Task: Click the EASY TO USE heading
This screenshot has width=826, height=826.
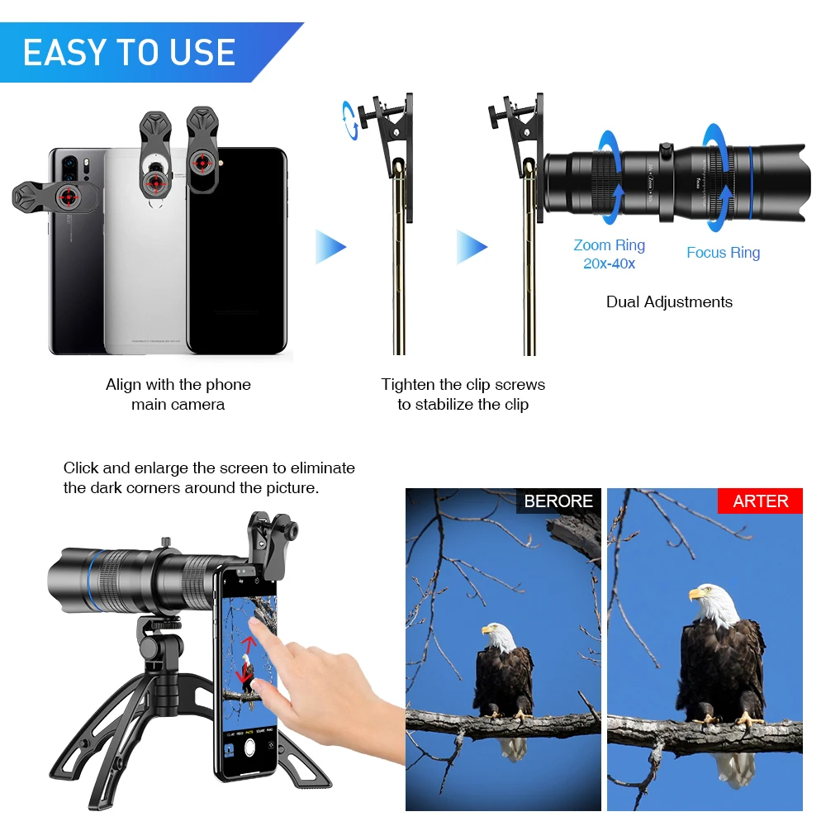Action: [129, 53]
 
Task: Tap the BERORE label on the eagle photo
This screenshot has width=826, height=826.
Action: [558, 501]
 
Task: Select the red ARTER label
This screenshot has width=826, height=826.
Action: [760, 501]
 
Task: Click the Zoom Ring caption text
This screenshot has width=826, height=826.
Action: [609, 245]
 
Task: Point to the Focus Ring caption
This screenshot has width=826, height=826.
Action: [723, 253]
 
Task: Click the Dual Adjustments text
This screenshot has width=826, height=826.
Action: [669, 301]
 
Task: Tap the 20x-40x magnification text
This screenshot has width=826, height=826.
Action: [609, 264]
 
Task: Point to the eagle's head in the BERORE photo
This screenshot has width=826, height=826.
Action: [499, 638]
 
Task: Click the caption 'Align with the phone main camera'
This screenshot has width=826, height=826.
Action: [178, 394]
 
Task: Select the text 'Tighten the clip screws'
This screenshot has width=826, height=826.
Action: [463, 384]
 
